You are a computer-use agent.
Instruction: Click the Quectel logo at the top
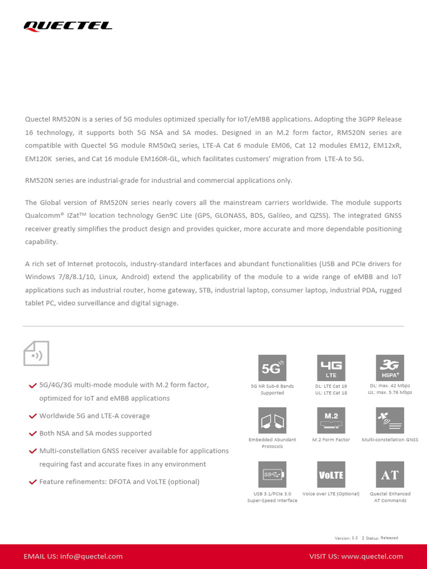[x=68, y=26]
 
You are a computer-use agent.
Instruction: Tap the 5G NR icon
[x=272, y=368]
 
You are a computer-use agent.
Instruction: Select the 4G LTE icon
[x=331, y=368]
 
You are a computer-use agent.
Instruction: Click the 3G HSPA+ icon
[x=390, y=368]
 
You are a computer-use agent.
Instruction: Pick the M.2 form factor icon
[x=331, y=421]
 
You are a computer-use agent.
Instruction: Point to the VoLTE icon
[x=331, y=475]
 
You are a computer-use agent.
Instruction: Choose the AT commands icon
[x=390, y=475]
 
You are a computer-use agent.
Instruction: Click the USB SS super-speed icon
[x=272, y=475]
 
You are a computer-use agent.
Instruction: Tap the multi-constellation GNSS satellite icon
[x=390, y=421]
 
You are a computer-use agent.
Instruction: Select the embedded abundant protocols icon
[x=272, y=421]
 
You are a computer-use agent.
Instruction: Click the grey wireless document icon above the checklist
[x=36, y=353]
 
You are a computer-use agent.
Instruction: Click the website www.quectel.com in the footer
[x=372, y=556]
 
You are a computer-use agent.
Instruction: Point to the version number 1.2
[x=355, y=538]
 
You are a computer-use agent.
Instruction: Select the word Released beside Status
[x=389, y=538]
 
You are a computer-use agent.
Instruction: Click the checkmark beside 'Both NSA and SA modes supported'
[x=33, y=433]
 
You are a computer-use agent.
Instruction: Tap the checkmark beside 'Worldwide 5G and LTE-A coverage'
[x=33, y=416]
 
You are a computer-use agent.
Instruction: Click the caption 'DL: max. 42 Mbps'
[x=390, y=386]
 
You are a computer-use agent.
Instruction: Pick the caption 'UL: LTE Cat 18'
[x=331, y=393]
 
